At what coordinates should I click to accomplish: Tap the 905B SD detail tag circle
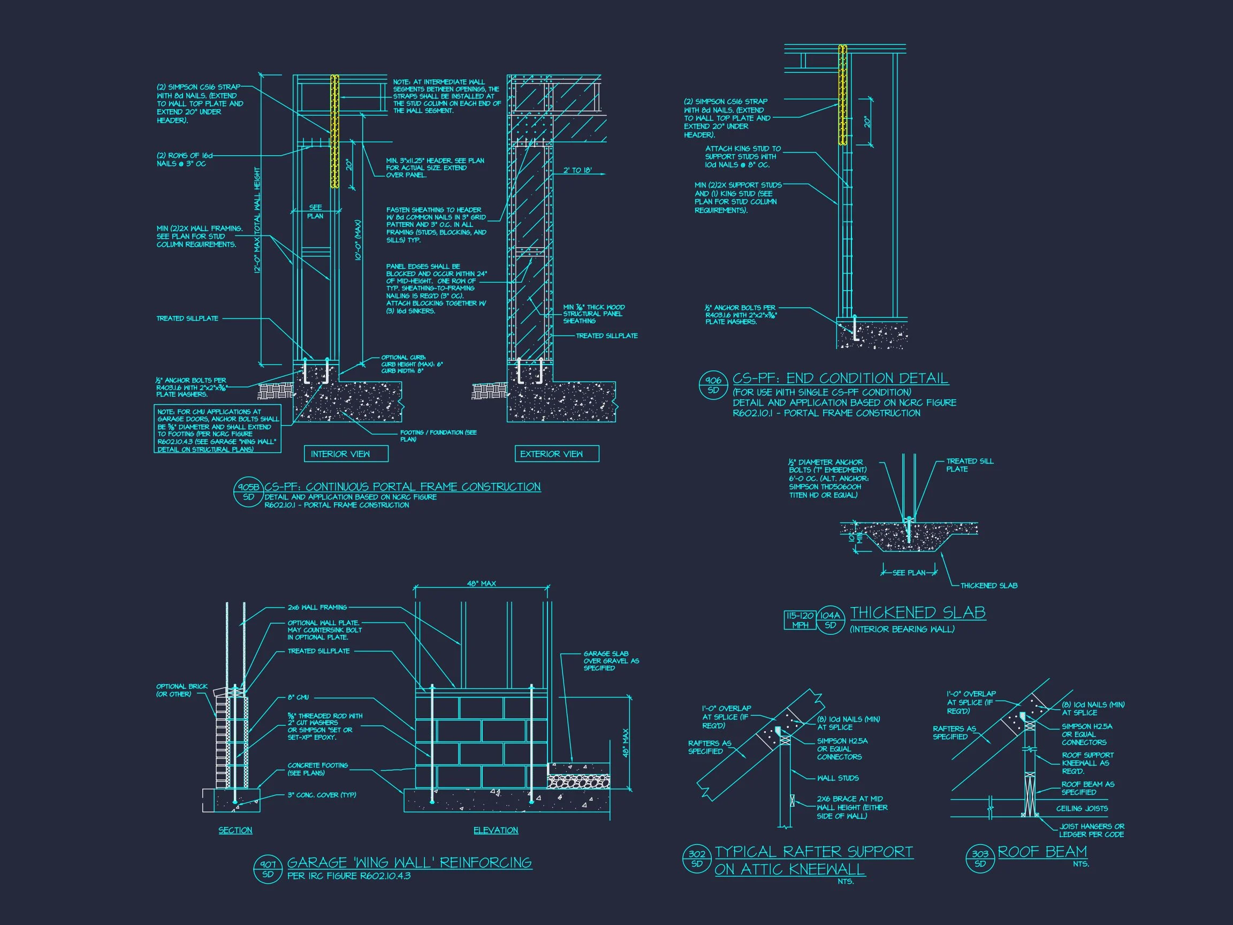tap(248, 491)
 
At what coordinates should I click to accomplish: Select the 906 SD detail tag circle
tap(713, 385)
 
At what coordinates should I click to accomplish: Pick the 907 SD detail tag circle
tap(268, 869)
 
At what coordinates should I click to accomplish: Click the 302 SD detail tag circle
tap(697, 859)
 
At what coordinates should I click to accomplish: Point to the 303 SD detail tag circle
tap(980, 859)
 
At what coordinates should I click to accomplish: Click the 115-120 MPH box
tap(800, 620)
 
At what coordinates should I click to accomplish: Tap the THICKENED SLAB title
tap(917, 613)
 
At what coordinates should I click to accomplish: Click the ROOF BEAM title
tap(1042, 852)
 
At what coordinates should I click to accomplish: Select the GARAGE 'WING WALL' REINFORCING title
tap(409, 862)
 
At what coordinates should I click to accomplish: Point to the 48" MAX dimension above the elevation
tap(481, 583)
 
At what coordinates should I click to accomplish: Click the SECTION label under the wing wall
tap(235, 830)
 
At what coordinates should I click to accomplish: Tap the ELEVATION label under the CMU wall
tap(496, 830)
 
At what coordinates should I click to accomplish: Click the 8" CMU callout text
tap(298, 697)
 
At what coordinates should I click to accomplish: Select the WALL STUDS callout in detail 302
tap(838, 778)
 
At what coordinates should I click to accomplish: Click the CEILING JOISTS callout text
tap(1082, 808)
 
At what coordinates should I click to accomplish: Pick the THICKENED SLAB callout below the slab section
tap(988, 586)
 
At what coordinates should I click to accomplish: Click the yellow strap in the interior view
tap(335, 131)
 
